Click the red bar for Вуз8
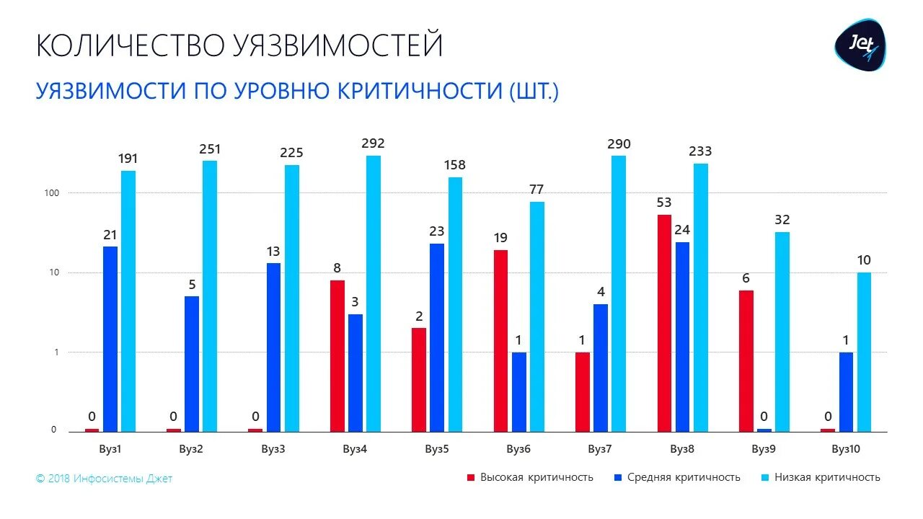(664, 323)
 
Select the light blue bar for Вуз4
(373, 293)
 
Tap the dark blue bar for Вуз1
(110, 339)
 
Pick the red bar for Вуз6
(500, 341)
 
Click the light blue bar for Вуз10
(864, 352)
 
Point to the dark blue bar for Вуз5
(437, 337)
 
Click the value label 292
(374, 143)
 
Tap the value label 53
(664, 203)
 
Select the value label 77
(536, 190)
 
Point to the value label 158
(455, 165)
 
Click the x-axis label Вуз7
(599, 449)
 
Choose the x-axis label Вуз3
(273, 449)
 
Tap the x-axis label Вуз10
(846, 449)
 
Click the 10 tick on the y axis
(54, 273)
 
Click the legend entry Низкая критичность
(827, 477)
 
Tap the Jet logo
(860, 45)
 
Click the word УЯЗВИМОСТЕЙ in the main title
(337, 45)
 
